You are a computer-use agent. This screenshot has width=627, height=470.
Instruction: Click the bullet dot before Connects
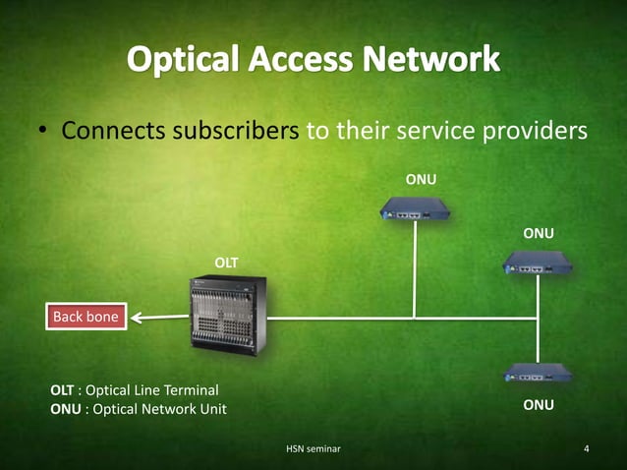pos(45,132)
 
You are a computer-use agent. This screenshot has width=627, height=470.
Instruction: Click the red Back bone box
pos(85,317)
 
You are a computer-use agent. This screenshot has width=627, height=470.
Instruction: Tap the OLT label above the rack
pos(226,262)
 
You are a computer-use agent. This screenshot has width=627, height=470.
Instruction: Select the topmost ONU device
pos(415,208)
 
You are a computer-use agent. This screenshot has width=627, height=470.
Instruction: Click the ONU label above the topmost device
pos(421,179)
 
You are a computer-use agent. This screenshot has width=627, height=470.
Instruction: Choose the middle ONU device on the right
pos(538,263)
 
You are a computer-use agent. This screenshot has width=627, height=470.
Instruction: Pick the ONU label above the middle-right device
pos(539,233)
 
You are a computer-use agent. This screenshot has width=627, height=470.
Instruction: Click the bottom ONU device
pos(538,373)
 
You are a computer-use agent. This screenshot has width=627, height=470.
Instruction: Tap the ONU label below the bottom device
pos(539,404)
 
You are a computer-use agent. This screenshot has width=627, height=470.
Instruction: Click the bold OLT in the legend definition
pos(62,389)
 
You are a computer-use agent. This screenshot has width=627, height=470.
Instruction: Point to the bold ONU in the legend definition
pos(63,408)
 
